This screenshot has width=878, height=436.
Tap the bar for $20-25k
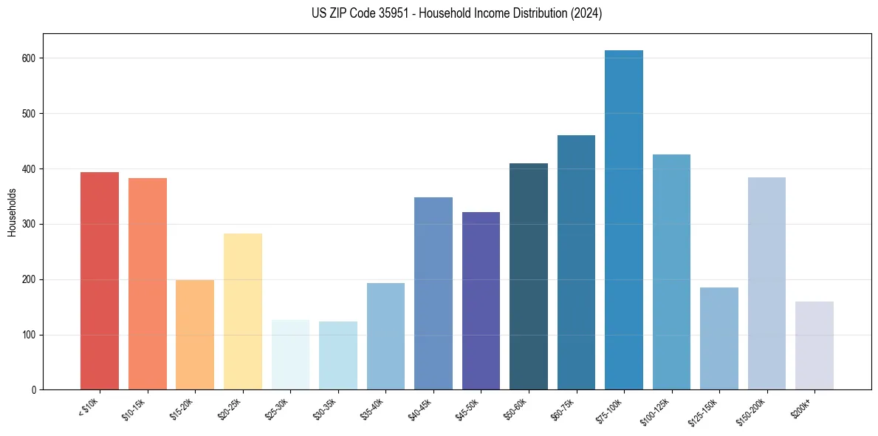point(243,311)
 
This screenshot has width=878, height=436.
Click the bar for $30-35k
point(338,355)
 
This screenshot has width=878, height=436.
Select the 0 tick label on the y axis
point(35,390)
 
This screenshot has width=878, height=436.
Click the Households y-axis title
point(12,212)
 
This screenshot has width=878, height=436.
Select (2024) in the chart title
point(587,13)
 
